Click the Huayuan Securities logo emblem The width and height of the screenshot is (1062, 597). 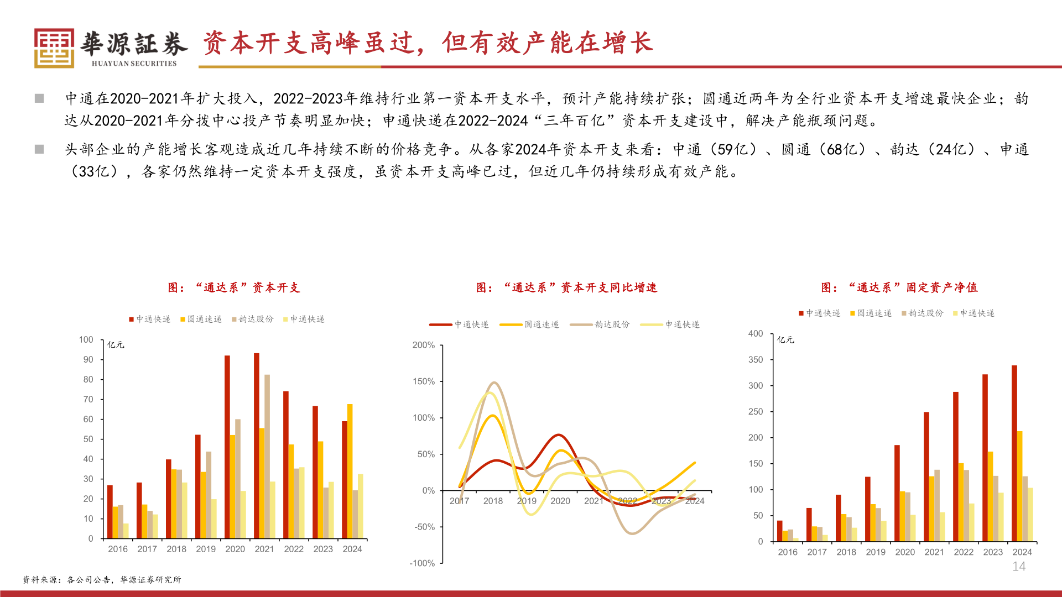point(54,48)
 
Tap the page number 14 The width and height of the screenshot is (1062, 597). point(1019,567)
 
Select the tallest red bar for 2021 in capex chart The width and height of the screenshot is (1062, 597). point(257,446)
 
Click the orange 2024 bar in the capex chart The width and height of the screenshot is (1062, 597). point(350,471)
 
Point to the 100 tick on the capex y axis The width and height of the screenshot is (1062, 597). point(86,339)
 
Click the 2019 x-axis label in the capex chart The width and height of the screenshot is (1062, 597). point(206,549)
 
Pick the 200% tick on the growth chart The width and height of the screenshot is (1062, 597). point(424,345)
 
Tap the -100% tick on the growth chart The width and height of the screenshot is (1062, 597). point(422,563)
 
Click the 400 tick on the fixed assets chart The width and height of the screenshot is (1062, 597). point(756,333)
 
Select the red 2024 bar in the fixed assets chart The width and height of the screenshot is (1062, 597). point(1014,453)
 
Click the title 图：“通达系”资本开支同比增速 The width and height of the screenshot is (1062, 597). point(566,287)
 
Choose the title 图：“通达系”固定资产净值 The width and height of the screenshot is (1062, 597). point(899,287)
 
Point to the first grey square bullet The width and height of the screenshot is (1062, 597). point(39,98)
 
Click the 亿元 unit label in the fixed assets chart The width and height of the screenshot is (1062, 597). point(785,339)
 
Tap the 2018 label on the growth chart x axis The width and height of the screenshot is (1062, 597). point(493,501)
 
